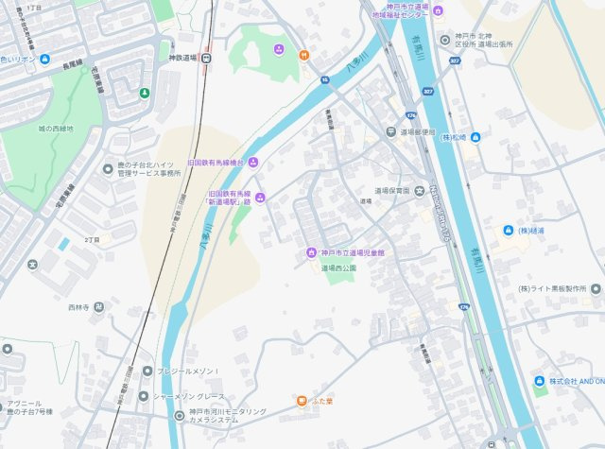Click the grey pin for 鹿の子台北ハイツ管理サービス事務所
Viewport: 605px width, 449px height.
point(109,168)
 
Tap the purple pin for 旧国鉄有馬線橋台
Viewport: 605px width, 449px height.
point(253,163)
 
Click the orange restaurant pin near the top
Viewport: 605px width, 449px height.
point(303,55)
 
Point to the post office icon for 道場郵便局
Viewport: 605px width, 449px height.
point(390,131)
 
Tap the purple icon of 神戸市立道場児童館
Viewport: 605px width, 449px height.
point(310,252)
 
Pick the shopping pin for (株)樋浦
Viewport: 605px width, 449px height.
point(507,231)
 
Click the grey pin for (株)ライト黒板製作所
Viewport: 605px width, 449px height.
point(595,288)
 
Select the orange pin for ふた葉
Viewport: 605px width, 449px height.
point(302,401)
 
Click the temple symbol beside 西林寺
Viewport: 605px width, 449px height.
point(99,307)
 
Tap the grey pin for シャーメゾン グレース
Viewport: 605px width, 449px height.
point(144,396)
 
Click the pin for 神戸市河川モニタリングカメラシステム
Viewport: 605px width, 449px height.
point(180,415)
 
